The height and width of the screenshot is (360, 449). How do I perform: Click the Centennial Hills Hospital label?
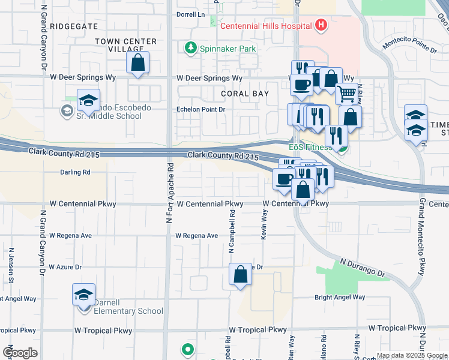tap(265, 26)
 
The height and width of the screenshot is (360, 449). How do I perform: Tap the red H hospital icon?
tap(321, 25)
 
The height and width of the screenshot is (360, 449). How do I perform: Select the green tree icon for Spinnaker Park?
tap(191, 47)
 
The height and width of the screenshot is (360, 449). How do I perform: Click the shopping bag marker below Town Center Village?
tap(138, 62)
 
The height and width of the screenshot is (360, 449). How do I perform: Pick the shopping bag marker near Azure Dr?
tap(240, 275)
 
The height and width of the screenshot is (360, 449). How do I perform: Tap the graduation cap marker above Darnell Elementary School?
tap(83, 294)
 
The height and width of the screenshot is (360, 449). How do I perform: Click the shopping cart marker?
tap(346, 94)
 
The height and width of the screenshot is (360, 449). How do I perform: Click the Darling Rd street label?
tap(75, 172)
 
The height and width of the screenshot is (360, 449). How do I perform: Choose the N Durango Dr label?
tap(363, 268)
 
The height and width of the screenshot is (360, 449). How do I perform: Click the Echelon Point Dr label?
tap(200, 110)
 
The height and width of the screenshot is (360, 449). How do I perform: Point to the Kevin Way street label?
tap(264, 224)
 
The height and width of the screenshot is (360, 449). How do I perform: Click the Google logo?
tap(20, 352)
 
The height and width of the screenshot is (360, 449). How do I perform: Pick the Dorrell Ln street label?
tap(191, 14)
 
